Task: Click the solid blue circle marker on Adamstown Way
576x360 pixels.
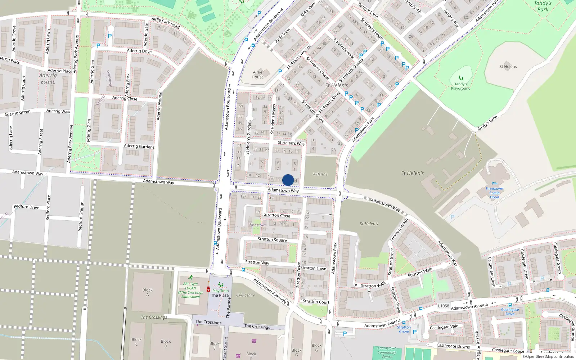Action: (288, 180)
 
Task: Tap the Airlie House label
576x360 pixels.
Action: (258, 75)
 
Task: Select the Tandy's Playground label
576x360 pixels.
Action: (461, 86)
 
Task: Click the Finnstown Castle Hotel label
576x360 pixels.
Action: (494, 193)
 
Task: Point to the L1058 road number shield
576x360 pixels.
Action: (444, 306)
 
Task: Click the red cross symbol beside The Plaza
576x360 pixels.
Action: (208, 289)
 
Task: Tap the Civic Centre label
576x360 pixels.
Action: (246, 295)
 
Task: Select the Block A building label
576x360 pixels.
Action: (148, 292)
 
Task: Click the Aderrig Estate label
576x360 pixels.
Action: (48, 78)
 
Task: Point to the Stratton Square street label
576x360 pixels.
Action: (272, 240)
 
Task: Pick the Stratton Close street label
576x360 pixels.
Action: (277, 215)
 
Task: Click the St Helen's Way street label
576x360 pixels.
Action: (291, 143)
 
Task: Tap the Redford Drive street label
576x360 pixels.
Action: (26, 207)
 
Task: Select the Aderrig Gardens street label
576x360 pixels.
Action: (139, 146)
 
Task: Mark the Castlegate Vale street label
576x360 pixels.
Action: (444, 327)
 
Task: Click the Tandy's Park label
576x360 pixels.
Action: (543, 6)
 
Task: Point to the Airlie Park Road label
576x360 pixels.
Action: (166, 23)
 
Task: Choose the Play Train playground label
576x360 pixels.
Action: (220, 291)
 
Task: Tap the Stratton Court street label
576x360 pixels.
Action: (316, 302)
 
